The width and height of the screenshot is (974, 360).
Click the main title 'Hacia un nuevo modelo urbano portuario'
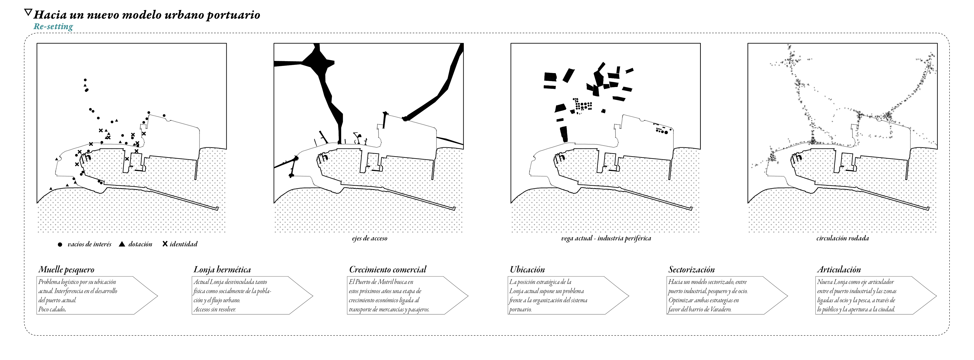[x=147, y=15]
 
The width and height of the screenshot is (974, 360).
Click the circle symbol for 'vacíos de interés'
[x=60, y=245]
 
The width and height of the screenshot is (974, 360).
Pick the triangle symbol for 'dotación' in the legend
[x=122, y=244]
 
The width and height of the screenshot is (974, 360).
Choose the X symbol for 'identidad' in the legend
[x=165, y=244]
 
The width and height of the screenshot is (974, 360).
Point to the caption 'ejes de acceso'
[x=369, y=238]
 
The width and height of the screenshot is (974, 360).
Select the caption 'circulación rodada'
[x=842, y=238]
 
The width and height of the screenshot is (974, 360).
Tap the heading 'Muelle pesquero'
[x=66, y=270]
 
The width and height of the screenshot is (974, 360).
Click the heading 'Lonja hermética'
[x=222, y=270]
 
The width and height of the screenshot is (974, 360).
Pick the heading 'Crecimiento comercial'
[x=387, y=270]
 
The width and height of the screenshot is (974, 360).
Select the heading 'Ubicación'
[x=527, y=270]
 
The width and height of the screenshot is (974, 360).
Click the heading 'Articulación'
[x=839, y=270]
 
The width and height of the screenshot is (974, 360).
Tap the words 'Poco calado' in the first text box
[x=52, y=309]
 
